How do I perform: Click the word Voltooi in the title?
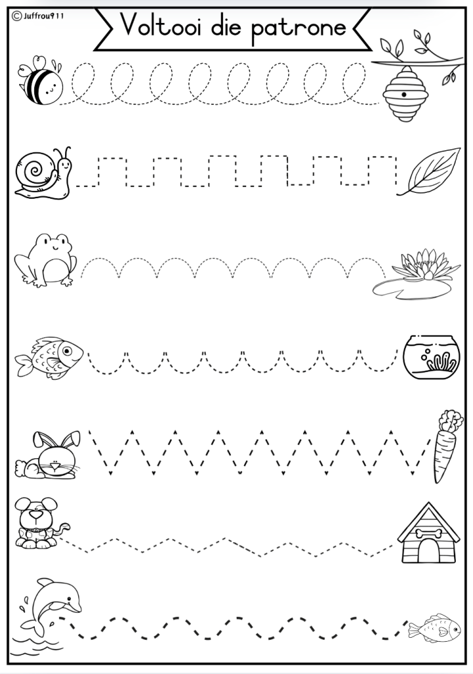(x=161, y=25)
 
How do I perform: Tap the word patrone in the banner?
(x=298, y=28)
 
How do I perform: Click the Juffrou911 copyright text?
(x=37, y=16)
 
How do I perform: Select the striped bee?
(x=40, y=80)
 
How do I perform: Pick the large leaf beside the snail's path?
(x=429, y=171)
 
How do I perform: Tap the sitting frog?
(x=45, y=261)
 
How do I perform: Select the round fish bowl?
(x=432, y=357)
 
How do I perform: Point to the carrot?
(x=447, y=446)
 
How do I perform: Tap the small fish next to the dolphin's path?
(x=434, y=628)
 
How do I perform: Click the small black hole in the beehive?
(x=404, y=94)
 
